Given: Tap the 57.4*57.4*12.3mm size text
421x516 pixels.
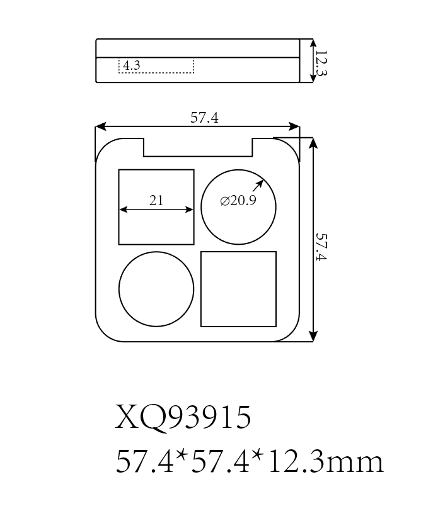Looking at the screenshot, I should (x=250, y=463).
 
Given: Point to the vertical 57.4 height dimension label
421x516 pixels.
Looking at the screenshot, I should (x=321, y=247).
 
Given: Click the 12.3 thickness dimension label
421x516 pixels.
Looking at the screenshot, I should (x=321, y=63).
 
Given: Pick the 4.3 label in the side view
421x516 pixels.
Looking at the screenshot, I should (x=132, y=65).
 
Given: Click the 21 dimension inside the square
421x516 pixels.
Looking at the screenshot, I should (x=156, y=201).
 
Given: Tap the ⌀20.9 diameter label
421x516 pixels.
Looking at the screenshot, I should (x=238, y=202).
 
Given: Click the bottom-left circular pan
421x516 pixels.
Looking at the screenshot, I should (x=156, y=289).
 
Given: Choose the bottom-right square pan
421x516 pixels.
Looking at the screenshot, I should (x=238, y=289).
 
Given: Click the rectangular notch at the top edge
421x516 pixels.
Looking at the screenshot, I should (x=198, y=147).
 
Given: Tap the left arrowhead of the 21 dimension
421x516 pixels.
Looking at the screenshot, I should (x=123, y=211).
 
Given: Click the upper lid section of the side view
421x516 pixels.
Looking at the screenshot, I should (x=197, y=48).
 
